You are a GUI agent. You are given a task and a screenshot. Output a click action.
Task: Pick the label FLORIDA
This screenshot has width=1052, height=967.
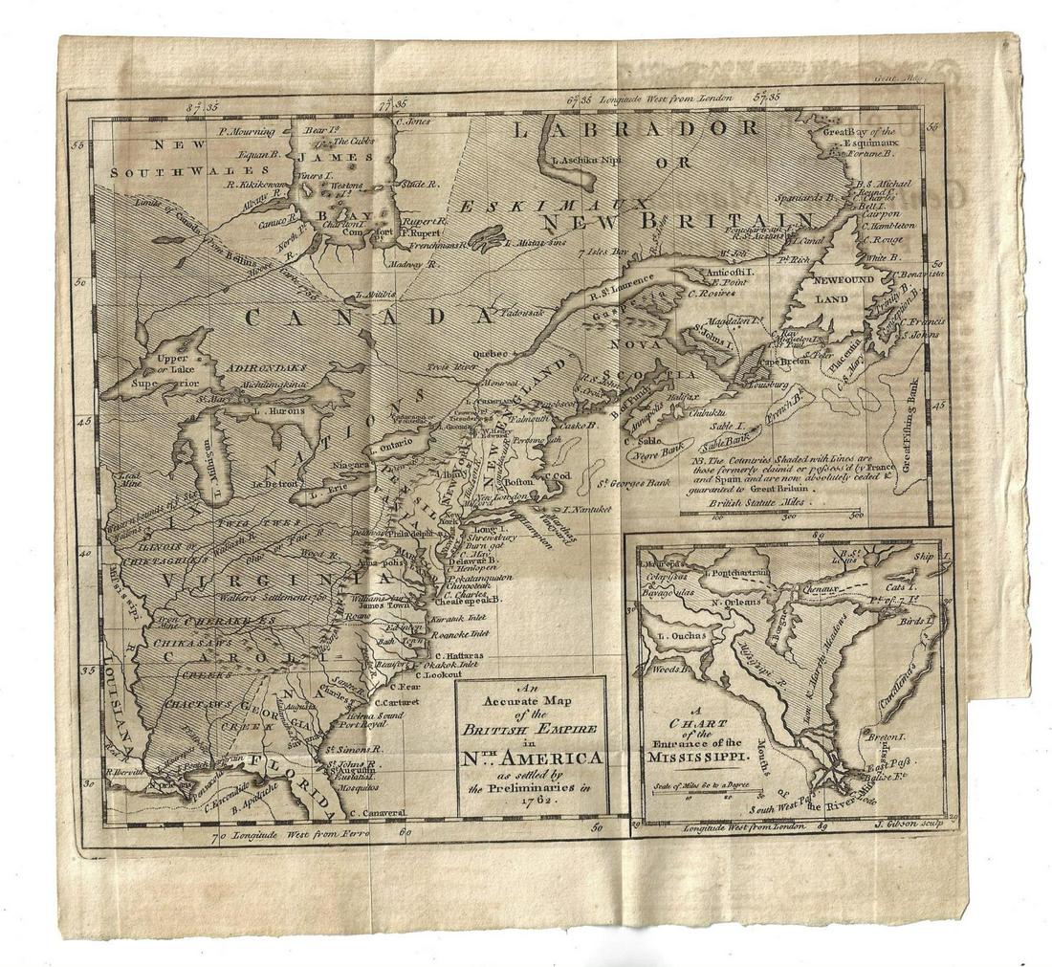pos(282,765)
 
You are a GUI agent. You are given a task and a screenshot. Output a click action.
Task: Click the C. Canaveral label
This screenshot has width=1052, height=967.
pos(380,813)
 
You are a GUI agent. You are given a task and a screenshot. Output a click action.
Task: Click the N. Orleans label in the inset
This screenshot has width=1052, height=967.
pos(734,604)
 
